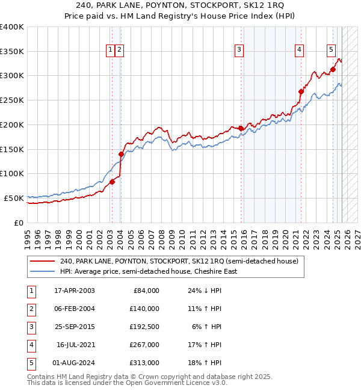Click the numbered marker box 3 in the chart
coord(239,50)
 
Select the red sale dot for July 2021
coord(301,91)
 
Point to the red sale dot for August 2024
coord(333,69)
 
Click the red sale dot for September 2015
coord(241,128)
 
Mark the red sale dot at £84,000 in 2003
coord(112,181)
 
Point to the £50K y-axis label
coord(14,198)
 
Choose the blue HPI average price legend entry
coord(148,271)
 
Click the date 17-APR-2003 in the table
coord(74,291)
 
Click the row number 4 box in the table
coord(31,345)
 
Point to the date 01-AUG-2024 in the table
coord(74,363)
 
